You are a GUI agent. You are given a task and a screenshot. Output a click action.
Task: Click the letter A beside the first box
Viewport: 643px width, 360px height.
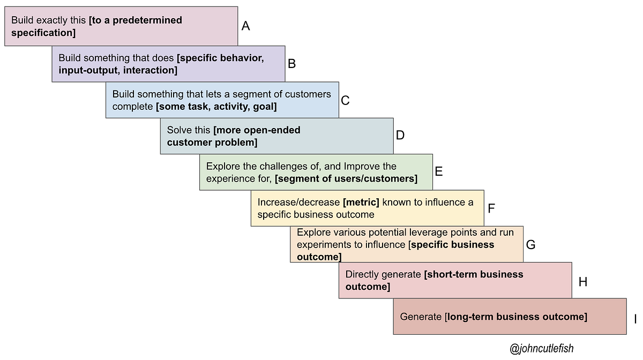(x=245, y=26)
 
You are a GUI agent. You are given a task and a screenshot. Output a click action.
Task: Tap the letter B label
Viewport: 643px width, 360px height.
(x=291, y=64)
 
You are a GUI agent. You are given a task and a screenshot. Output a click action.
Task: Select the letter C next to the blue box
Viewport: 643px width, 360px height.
(x=345, y=101)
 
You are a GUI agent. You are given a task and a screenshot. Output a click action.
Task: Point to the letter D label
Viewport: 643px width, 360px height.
(x=400, y=135)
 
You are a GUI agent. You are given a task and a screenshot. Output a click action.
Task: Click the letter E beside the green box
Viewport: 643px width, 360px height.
(x=439, y=171)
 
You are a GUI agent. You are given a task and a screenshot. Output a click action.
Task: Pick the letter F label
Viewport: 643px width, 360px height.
(x=491, y=208)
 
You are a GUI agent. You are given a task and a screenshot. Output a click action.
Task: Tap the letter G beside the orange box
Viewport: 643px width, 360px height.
(x=530, y=245)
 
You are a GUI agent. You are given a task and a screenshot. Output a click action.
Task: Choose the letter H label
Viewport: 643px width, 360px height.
(x=583, y=282)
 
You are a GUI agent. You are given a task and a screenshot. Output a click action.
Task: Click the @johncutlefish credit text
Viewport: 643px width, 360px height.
(x=541, y=348)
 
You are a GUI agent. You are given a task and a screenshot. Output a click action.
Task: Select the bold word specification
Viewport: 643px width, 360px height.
(x=42, y=33)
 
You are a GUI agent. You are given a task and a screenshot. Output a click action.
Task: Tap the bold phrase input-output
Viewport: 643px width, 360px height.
(x=89, y=70)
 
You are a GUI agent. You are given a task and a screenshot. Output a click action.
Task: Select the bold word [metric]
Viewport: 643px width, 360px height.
(x=361, y=202)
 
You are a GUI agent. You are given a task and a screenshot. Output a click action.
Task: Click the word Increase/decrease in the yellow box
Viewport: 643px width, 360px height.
(x=298, y=202)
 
